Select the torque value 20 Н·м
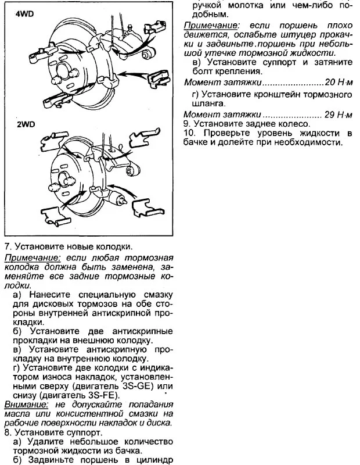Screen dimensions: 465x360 pyautogui.click(x=337, y=83)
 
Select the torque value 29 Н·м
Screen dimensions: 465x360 pyautogui.click(x=337, y=115)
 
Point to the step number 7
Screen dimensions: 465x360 pyautogui.click(x=6, y=246)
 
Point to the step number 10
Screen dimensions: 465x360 pyautogui.click(x=188, y=134)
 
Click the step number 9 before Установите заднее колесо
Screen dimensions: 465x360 pyautogui.click(x=186, y=124)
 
